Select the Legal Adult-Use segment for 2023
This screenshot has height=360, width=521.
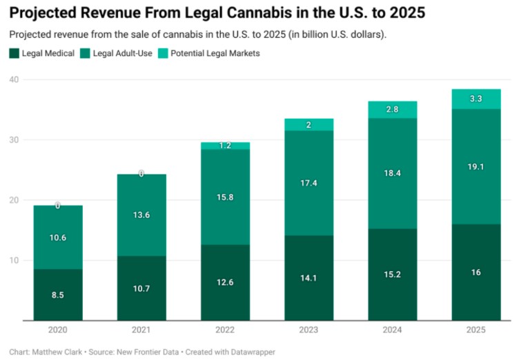[308, 183]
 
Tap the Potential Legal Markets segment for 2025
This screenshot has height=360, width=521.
[476, 99]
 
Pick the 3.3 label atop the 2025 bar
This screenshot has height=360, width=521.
[476, 99]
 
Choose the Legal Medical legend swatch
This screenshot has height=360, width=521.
[14, 53]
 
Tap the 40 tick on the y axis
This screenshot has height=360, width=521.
[14, 80]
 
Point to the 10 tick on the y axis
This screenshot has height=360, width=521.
[14, 261]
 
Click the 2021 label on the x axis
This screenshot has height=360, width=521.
[141, 331]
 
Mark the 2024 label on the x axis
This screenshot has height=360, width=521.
[393, 331]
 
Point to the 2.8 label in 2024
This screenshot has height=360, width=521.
[393, 110]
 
